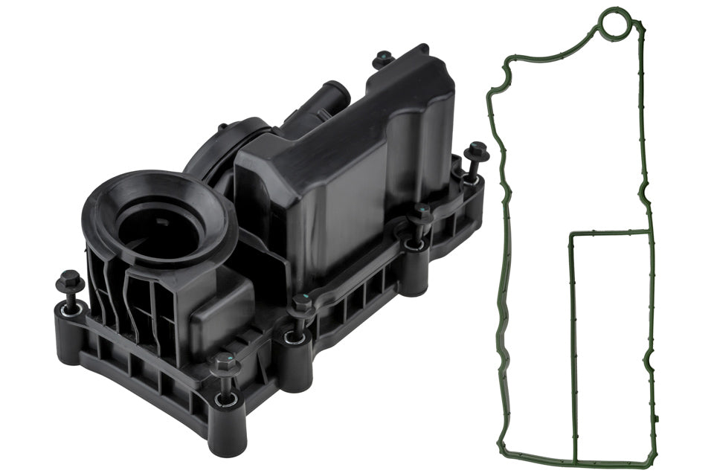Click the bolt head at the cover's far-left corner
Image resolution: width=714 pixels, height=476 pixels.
click(70, 280)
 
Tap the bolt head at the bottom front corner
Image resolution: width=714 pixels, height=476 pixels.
click(224, 364)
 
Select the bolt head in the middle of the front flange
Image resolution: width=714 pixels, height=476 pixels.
click(301, 303)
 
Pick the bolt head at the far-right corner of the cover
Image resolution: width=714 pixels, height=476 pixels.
click(476, 150)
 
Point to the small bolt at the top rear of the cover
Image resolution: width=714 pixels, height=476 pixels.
click(384, 57)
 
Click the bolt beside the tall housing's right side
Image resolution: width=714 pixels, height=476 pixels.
click(421, 213)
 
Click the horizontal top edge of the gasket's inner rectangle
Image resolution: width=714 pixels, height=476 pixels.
click(610, 233)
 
